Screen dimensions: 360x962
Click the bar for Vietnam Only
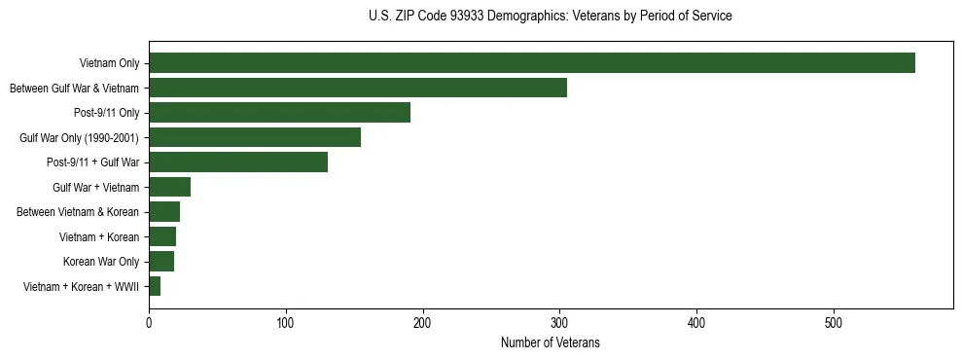pos(532,63)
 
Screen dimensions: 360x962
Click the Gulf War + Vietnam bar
pos(169,187)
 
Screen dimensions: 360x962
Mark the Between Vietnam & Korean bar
pos(164,212)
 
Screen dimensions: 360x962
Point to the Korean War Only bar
pos(161,262)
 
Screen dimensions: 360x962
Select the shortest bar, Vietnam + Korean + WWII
pos(155,286)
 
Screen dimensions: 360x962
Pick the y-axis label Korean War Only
pos(101,262)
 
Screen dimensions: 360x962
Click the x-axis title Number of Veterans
pos(550,342)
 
